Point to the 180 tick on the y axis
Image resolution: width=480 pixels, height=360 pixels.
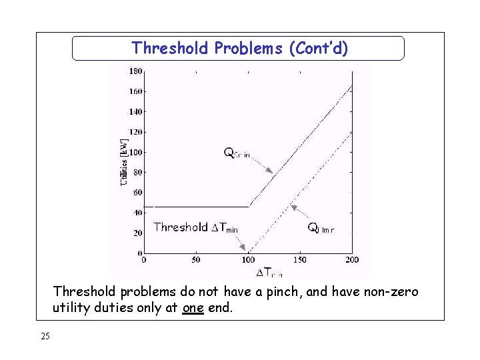[x=134, y=71]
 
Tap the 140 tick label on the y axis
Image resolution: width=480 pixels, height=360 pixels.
[x=134, y=111]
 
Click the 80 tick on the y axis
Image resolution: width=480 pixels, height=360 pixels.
[x=136, y=172]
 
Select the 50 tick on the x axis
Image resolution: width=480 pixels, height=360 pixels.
[x=195, y=260]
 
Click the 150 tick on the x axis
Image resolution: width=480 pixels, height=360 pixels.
[x=300, y=260]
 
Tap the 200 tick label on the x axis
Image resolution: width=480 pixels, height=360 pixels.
[x=351, y=260]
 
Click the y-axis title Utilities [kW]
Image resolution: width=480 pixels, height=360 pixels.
[x=123, y=162]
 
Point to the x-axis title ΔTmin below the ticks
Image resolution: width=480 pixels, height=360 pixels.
[x=269, y=272]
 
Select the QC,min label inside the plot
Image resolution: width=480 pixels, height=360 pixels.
[x=237, y=153]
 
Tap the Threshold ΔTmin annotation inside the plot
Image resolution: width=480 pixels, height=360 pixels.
[x=195, y=227]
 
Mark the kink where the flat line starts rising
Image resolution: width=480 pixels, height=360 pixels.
[x=249, y=207]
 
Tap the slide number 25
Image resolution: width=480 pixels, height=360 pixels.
[x=45, y=337]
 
